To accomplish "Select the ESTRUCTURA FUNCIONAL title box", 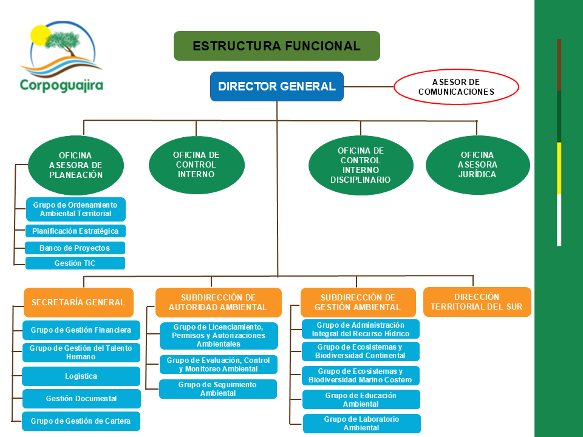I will (x=276, y=46).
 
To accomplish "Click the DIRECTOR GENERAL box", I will (x=277, y=86).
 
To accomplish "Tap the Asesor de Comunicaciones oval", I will (x=456, y=87).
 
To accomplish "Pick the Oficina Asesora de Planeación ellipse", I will (x=76, y=164).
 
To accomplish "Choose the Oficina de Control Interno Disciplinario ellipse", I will (x=360, y=164).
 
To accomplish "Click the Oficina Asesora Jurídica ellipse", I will (x=478, y=164).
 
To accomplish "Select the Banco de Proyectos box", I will (x=75, y=248).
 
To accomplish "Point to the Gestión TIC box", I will (x=75, y=263).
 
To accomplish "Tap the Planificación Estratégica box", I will (x=75, y=231).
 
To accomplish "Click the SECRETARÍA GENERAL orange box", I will (x=78, y=302).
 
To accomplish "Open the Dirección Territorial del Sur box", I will (x=477, y=302).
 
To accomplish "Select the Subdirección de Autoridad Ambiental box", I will (x=218, y=302).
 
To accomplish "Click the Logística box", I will (x=81, y=376).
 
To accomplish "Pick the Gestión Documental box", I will (x=81, y=399).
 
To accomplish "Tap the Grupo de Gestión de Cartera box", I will (x=81, y=421).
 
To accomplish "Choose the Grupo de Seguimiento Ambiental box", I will (x=218, y=389).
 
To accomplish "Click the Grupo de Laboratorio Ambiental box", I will (x=361, y=423).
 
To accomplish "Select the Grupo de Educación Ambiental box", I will (x=361, y=399).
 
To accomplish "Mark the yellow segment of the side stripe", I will (x=559, y=168).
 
